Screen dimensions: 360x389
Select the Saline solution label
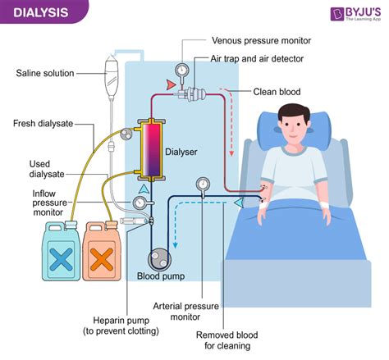pos(46,73)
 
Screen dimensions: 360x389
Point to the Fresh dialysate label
pos(43,124)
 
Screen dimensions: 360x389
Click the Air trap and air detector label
pos(258,59)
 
